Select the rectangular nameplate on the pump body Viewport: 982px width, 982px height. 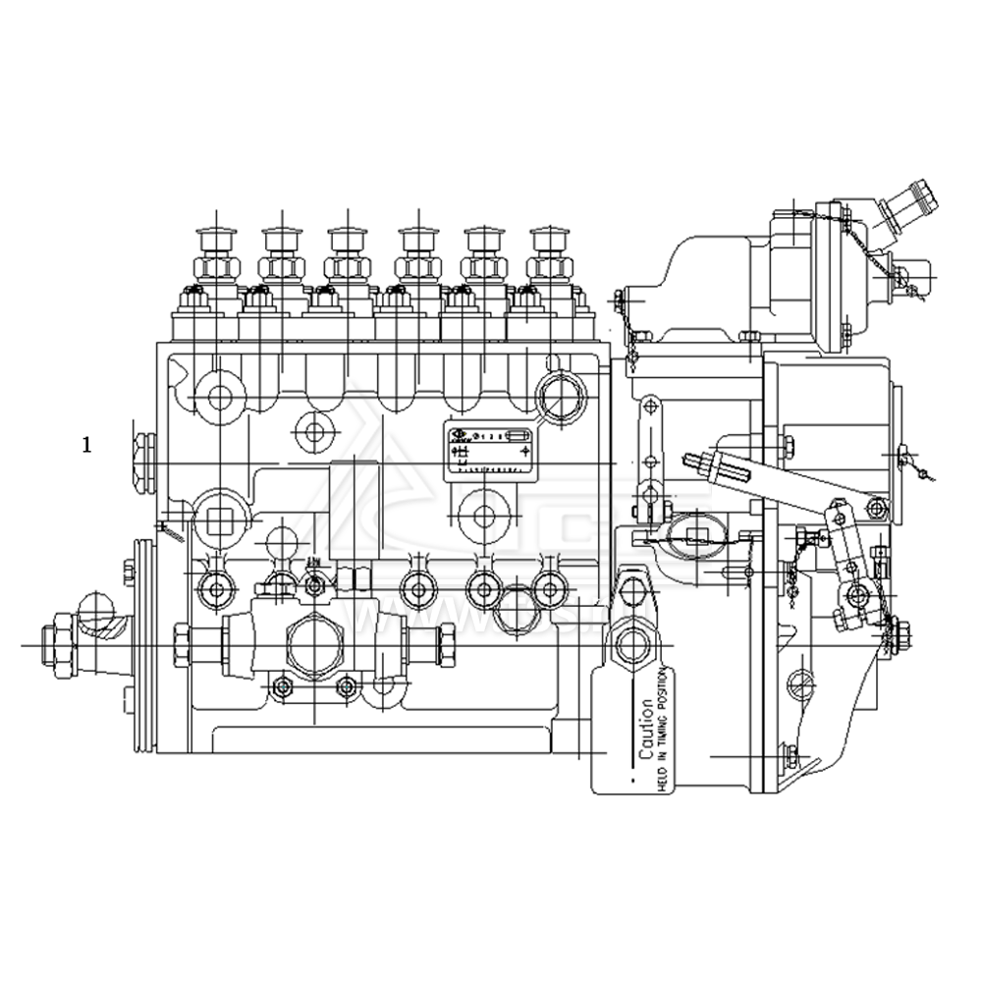(x=489, y=451)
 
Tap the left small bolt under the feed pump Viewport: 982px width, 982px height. (x=283, y=686)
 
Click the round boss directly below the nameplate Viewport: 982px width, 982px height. (x=482, y=517)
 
